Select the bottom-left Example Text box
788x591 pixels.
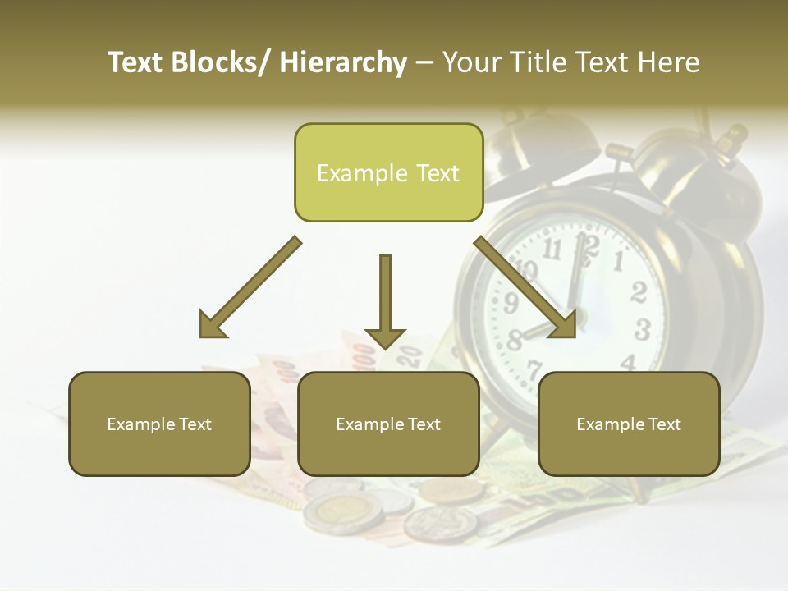pyautogui.click(x=158, y=424)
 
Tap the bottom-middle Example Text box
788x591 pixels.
pyautogui.click(x=387, y=424)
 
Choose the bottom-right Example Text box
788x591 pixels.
pyautogui.click(x=629, y=424)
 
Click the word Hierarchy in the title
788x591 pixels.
pyautogui.click(x=343, y=62)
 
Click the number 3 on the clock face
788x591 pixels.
pyautogui.click(x=643, y=330)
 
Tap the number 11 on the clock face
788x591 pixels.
pyautogui.click(x=553, y=249)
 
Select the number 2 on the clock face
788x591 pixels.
pyautogui.click(x=639, y=292)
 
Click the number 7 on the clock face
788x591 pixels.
pyautogui.click(x=534, y=369)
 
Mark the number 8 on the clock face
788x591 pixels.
pyautogui.click(x=515, y=339)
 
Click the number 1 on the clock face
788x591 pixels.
pyautogui.click(x=618, y=262)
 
